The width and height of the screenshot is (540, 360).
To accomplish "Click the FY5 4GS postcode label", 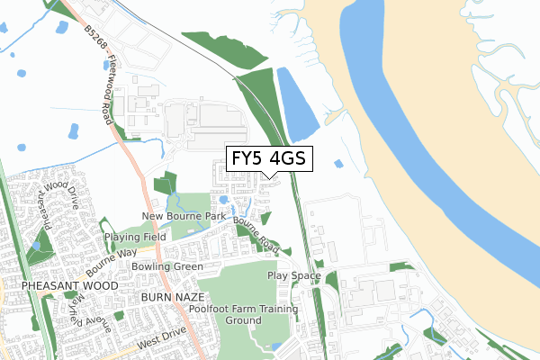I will (269, 159).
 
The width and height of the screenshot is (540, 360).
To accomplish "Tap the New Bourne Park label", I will (183, 217).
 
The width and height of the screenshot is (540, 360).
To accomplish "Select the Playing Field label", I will (135, 237).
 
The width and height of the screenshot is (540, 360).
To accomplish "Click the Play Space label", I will (293, 275).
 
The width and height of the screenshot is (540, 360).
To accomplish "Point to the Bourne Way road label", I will (105, 261).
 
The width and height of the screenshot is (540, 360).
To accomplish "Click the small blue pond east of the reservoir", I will (337, 164).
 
